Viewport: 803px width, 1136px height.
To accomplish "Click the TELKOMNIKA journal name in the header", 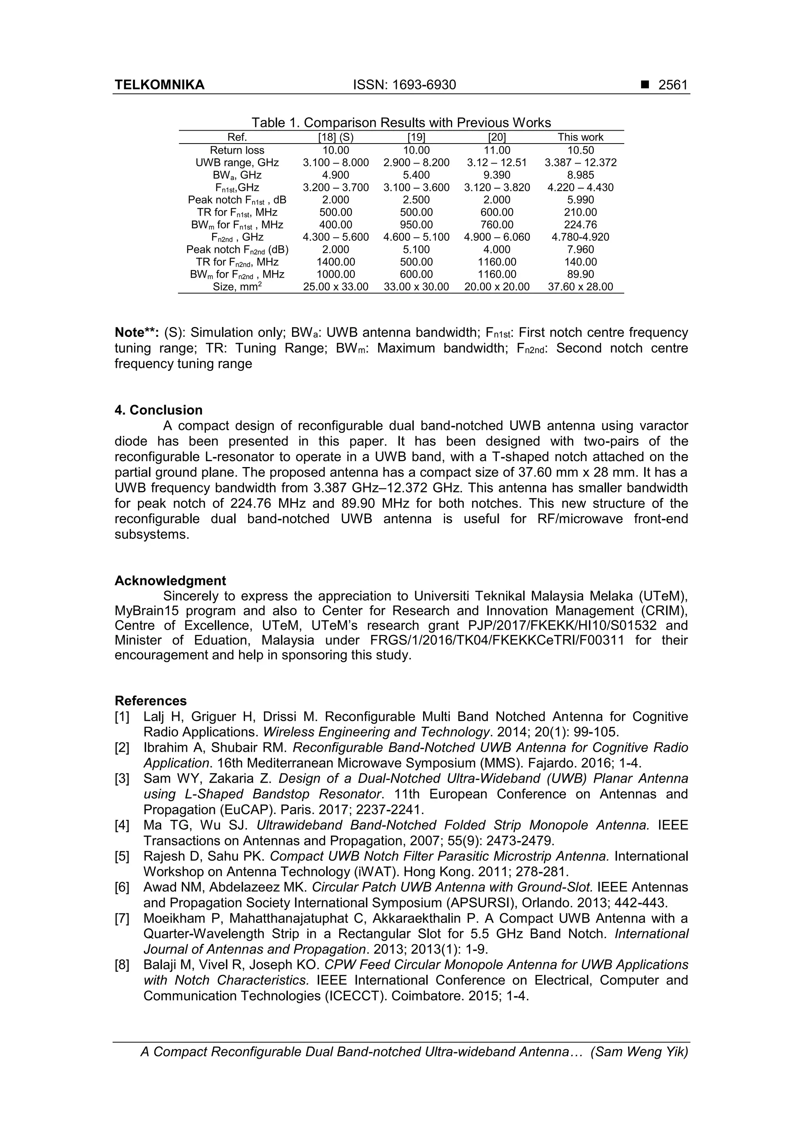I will click(x=159, y=85).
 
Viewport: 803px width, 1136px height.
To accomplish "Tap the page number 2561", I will click(x=673, y=85).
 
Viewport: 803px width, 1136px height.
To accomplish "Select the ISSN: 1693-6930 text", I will click(x=404, y=85).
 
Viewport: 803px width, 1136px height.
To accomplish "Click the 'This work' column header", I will click(x=580, y=138).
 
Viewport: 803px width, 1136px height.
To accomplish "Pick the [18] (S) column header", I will click(x=336, y=138).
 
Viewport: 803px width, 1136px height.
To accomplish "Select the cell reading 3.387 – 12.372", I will click(x=580, y=163).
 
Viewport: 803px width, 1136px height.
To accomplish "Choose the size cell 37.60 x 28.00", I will click(x=580, y=287).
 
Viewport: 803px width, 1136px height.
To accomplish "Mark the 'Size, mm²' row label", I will click(x=237, y=287).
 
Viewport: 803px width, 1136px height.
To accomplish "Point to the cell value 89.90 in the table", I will click(x=580, y=274).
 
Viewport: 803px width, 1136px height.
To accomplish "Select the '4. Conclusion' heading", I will click(x=158, y=410).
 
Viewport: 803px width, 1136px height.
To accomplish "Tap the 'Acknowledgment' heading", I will click(x=170, y=581).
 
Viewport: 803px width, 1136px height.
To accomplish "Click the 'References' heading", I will click(x=151, y=701).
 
